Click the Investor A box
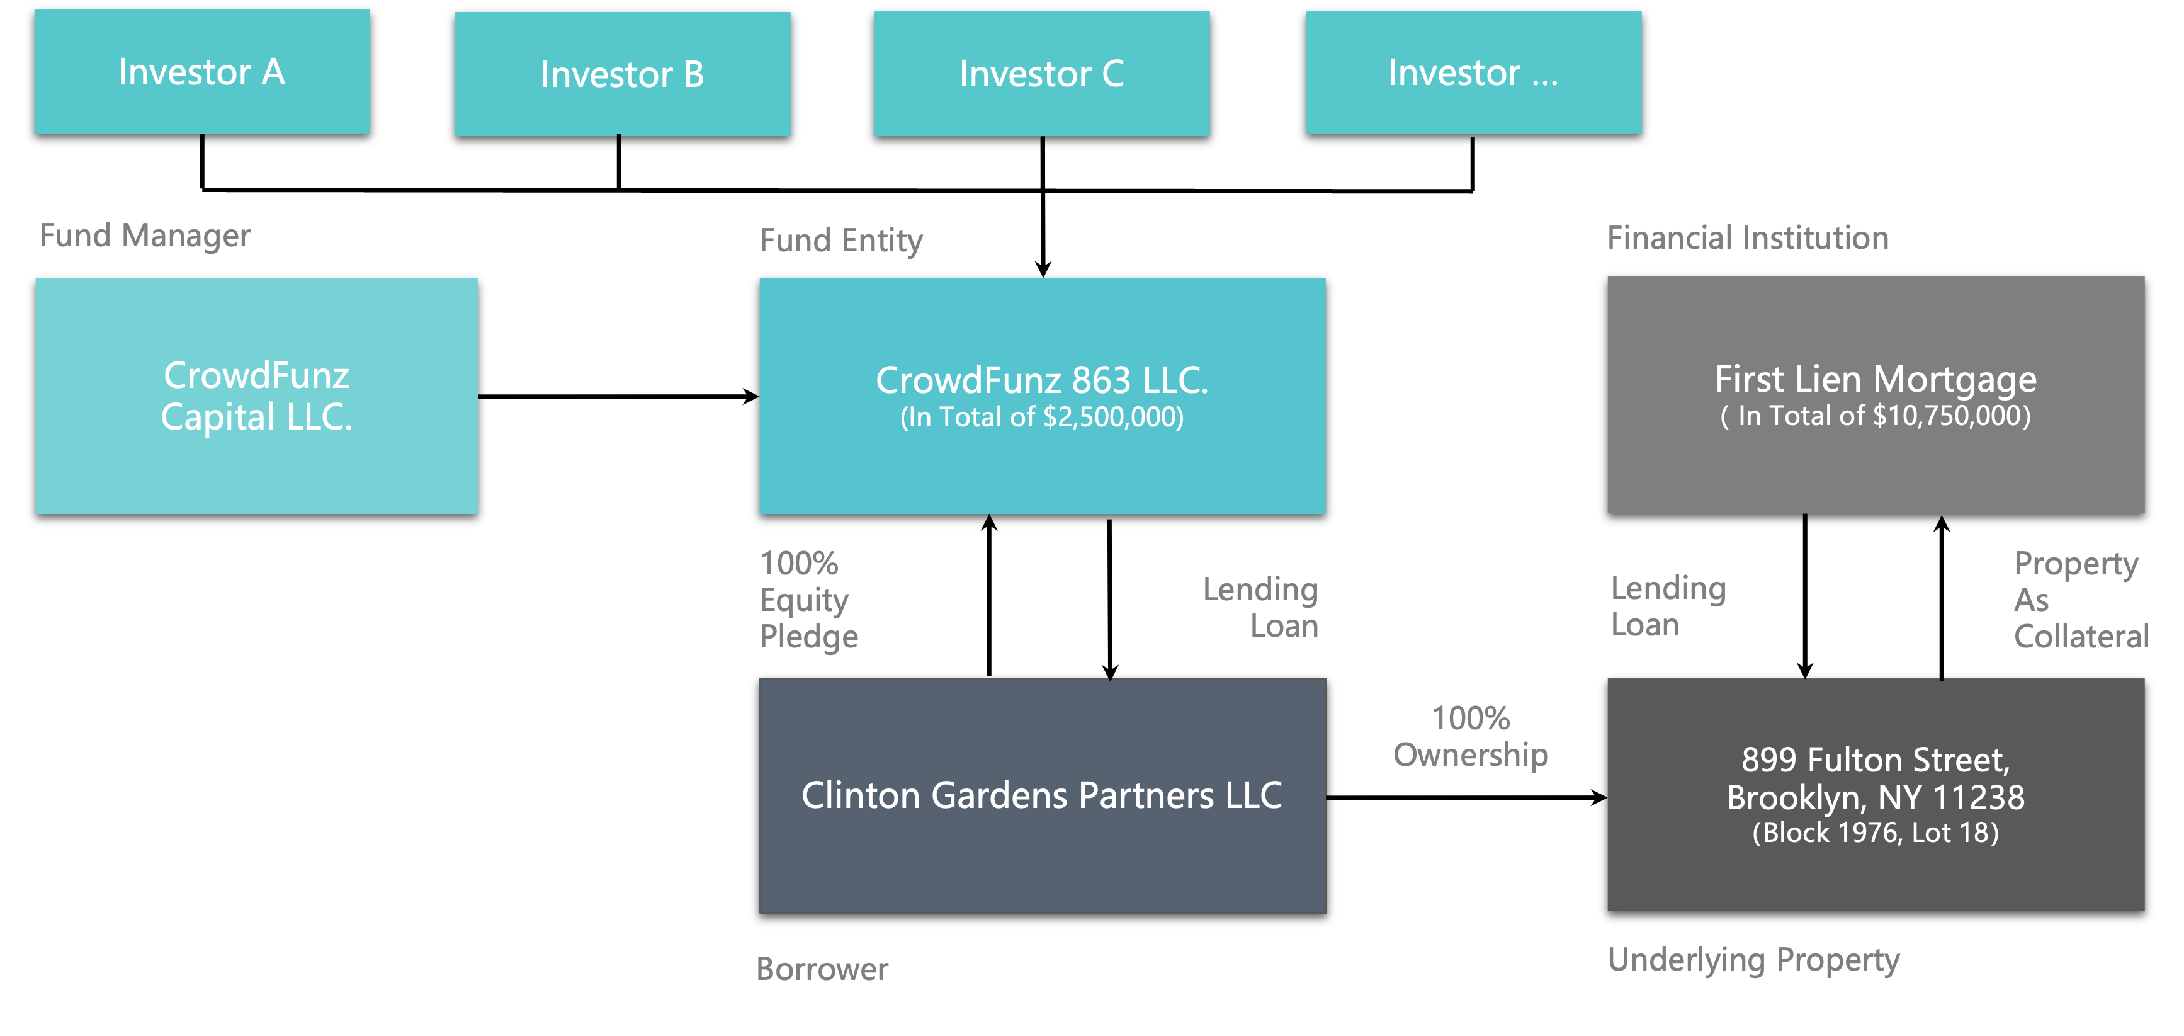click(x=202, y=72)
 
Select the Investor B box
click(x=622, y=74)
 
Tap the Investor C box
click(x=1042, y=74)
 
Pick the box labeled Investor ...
click(x=1473, y=73)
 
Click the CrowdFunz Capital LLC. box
click(x=257, y=396)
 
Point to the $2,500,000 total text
click(x=1042, y=417)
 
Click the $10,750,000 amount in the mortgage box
click(x=1949, y=416)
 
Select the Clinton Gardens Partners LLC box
click(x=1043, y=795)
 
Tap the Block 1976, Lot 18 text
click(x=1876, y=833)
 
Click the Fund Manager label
click(x=145, y=236)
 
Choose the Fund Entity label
click(x=841, y=241)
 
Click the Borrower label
click(x=822, y=969)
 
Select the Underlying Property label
click(x=1753, y=960)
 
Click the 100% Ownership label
click(x=1471, y=737)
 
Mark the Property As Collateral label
click(x=2081, y=600)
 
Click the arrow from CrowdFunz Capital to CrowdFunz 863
click(x=619, y=396)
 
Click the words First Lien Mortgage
click(x=1876, y=379)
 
